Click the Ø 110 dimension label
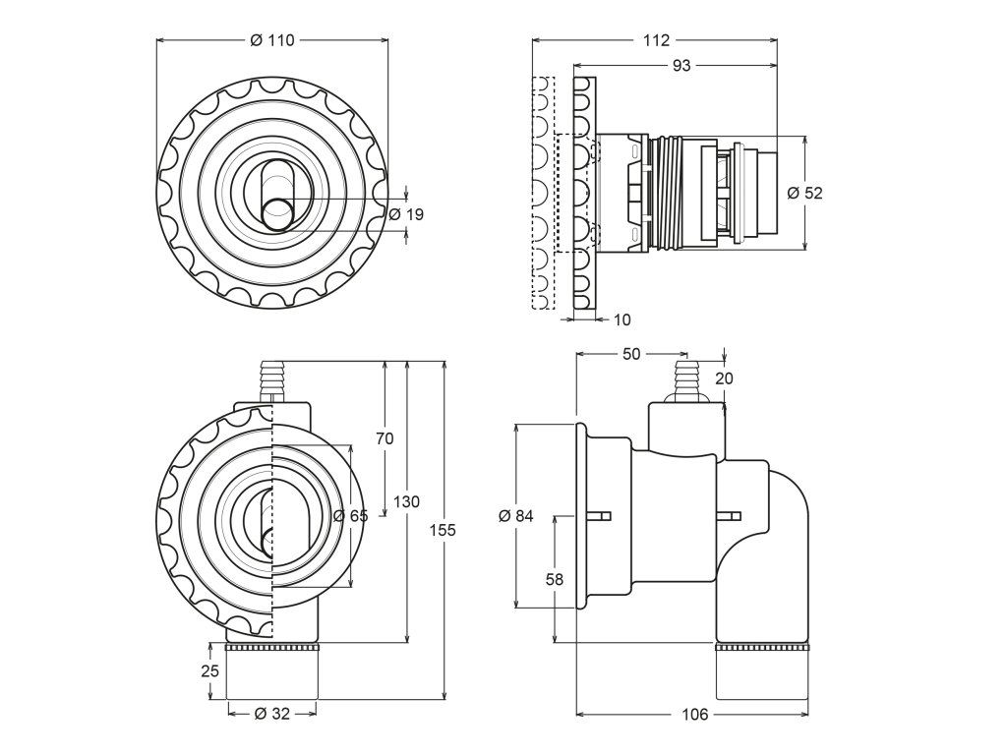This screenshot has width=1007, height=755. [272, 40]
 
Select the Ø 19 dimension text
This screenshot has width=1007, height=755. [406, 213]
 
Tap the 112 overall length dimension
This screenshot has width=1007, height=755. [656, 40]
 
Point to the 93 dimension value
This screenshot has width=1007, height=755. [681, 65]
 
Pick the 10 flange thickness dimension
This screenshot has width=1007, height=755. [622, 319]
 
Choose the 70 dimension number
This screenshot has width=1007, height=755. [385, 438]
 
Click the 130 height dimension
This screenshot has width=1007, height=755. [406, 501]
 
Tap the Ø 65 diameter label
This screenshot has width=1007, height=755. [350, 516]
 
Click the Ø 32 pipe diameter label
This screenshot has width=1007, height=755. [272, 715]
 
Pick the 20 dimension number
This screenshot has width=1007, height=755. [725, 378]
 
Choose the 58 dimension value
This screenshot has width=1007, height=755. [555, 580]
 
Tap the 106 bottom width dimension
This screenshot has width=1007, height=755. [694, 715]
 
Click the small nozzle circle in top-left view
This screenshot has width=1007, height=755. [279, 214]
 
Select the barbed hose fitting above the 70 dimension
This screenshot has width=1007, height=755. [271, 378]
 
